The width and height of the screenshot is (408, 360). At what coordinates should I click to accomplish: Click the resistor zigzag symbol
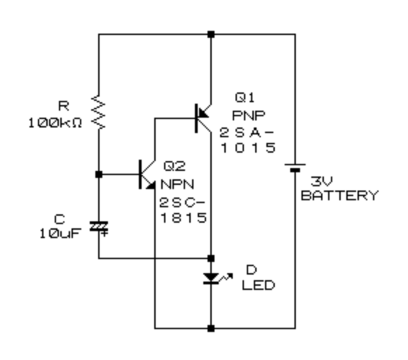[99, 112]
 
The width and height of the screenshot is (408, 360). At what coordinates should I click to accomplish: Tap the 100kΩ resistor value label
[55, 123]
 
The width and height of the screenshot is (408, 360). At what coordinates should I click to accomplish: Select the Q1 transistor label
[245, 98]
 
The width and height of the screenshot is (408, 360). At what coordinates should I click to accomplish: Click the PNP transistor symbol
[203, 118]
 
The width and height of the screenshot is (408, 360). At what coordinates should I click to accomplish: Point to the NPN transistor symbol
[147, 174]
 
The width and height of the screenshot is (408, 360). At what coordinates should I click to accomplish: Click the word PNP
[248, 116]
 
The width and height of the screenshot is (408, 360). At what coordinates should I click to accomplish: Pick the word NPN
[178, 184]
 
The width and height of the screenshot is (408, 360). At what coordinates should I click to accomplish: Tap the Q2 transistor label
[175, 166]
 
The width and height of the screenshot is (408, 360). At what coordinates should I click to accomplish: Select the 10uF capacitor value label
[60, 233]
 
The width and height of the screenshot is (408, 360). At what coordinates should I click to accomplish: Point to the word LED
[259, 285]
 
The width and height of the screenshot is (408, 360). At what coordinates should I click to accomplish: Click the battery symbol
[295, 167]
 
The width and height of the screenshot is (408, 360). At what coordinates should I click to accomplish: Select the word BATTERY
[340, 195]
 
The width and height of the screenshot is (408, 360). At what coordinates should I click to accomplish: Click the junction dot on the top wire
[211, 34]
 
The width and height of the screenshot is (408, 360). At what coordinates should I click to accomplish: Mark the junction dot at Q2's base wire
[99, 174]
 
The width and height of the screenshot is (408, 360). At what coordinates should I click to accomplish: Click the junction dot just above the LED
[211, 258]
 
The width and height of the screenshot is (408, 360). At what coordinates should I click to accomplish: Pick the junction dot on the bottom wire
[211, 328]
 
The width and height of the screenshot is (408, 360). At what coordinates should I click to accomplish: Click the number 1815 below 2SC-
[184, 218]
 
